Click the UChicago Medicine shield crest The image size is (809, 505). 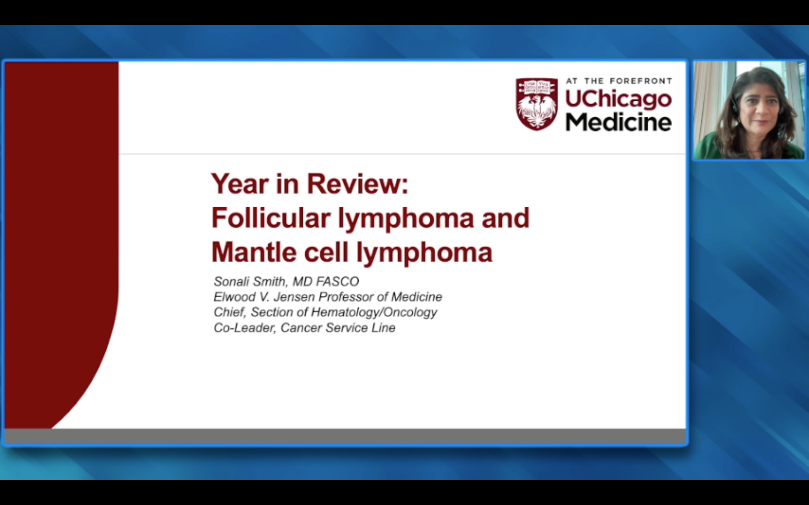click(x=537, y=104)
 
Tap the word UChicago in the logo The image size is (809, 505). click(x=618, y=99)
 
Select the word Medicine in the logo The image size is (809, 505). click(x=618, y=122)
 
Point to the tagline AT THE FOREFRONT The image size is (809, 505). click(x=619, y=81)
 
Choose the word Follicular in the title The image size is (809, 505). click(x=271, y=218)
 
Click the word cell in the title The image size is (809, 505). click(x=326, y=252)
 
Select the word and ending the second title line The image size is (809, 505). click(x=506, y=218)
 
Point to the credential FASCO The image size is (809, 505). click(x=337, y=282)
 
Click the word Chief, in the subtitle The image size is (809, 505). click(x=230, y=312)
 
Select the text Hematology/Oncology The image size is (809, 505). click(x=374, y=312)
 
